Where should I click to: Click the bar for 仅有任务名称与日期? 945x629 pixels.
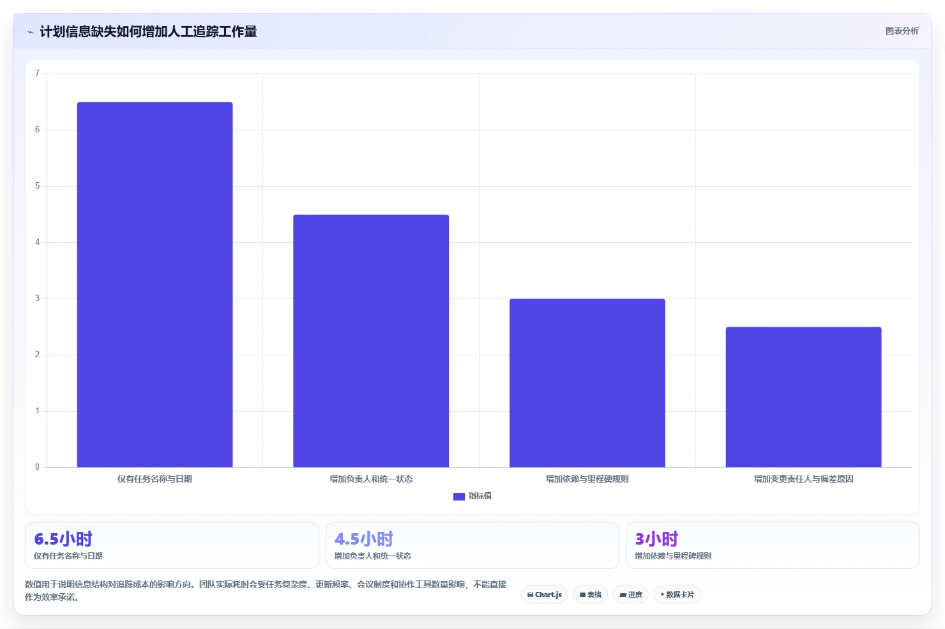(x=155, y=284)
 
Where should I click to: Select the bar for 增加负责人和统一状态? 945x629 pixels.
(x=371, y=341)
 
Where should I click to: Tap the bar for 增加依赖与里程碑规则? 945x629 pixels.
(x=587, y=383)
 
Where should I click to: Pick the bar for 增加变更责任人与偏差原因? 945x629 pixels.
(x=804, y=397)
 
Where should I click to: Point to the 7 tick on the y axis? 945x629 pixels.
(x=38, y=74)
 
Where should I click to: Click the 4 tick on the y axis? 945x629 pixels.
(x=38, y=242)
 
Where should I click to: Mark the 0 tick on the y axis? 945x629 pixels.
(x=38, y=467)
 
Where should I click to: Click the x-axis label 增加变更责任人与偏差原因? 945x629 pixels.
(x=804, y=479)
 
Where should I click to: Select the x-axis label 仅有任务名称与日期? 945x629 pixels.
(x=155, y=479)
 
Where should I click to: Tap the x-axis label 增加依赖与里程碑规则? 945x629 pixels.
(x=587, y=479)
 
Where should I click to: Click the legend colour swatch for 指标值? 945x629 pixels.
(x=459, y=496)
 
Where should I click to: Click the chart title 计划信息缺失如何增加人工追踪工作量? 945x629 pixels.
(x=149, y=32)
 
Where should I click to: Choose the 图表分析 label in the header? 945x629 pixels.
(x=902, y=31)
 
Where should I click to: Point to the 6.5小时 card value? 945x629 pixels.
(x=63, y=539)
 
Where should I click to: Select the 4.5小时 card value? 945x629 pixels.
(x=364, y=539)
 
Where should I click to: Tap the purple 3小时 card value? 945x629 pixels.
(x=656, y=539)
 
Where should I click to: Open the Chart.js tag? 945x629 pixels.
(x=544, y=594)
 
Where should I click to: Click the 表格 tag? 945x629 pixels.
(x=590, y=594)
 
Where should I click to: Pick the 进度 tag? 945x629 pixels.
(x=631, y=594)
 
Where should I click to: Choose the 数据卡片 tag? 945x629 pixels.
(x=677, y=594)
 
